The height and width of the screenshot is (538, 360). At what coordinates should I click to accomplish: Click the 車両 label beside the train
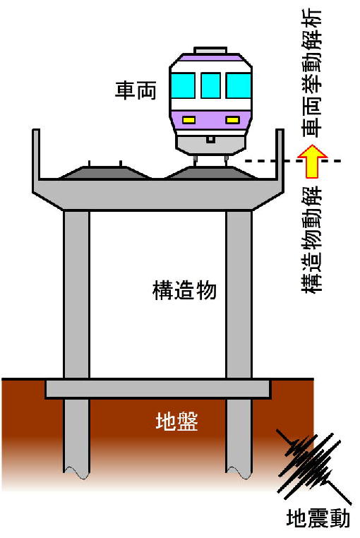136,90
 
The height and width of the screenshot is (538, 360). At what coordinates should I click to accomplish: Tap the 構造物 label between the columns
184,291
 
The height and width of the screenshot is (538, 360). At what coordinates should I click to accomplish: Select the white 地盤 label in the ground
176,421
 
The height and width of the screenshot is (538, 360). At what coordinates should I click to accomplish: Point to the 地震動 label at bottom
318,518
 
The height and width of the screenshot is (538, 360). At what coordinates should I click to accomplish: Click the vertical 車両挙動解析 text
312,73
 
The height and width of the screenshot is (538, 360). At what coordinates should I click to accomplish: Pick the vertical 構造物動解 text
312,239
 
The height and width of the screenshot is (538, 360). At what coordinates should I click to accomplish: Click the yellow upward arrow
312,161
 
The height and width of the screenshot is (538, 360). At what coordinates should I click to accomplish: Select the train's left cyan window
184,85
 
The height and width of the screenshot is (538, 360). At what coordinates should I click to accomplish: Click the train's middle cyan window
210,85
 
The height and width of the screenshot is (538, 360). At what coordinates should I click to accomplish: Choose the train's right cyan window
238,85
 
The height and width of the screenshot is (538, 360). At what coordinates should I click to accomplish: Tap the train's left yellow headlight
188,120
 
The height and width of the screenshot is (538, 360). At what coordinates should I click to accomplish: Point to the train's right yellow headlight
232,120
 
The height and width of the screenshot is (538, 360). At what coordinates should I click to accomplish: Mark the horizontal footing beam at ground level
158,389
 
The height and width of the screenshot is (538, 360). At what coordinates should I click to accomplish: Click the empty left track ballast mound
105,172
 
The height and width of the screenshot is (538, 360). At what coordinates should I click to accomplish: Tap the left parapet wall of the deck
36,155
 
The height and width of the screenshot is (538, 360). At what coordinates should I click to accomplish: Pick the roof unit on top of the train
210,50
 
